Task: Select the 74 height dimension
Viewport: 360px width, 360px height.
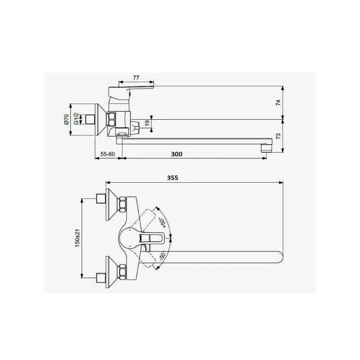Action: coord(278,103)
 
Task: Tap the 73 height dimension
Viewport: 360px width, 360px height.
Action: coord(278,136)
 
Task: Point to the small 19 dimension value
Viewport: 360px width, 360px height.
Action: coord(147,123)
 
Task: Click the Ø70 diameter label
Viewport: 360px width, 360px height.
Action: coord(66,119)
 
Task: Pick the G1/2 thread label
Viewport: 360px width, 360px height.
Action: coord(76,119)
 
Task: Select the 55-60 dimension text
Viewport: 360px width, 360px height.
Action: coord(108,154)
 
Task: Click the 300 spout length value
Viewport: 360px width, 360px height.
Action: coord(177,154)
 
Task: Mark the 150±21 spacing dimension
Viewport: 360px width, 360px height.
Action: coord(77,238)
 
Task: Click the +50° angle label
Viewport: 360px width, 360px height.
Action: coord(162,223)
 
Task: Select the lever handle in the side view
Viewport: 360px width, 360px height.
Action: coord(135,88)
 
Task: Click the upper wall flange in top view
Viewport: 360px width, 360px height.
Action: coord(111,207)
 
